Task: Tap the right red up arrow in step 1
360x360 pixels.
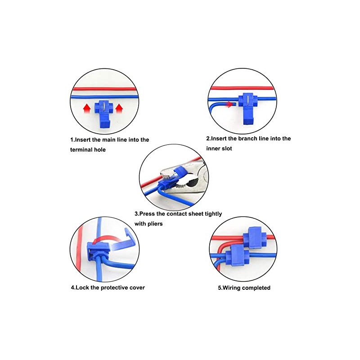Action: coord(119,108)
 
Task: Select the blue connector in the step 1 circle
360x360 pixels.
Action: coord(103,114)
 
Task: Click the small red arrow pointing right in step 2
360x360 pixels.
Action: coord(229,104)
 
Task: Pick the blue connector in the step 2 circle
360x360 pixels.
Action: coord(247,108)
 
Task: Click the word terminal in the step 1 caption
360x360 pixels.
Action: coord(82,149)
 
